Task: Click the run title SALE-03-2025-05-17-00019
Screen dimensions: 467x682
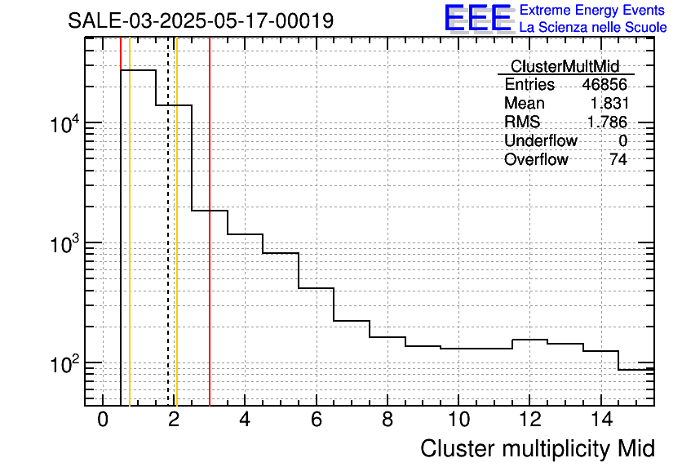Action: point(201,20)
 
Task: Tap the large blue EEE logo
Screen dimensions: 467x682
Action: point(478,18)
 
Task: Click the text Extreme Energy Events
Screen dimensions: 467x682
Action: point(593,11)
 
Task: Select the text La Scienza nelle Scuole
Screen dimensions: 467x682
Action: point(593,28)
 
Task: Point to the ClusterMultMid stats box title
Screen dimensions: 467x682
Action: point(565,66)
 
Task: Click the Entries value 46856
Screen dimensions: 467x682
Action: point(604,85)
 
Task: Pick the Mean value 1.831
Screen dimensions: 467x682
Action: point(609,104)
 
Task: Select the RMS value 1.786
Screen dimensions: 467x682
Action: point(608,122)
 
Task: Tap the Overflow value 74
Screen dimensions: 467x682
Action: point(618,160)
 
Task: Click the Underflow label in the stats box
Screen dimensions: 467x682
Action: point(540,141)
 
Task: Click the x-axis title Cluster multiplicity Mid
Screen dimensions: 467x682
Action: point(537,448)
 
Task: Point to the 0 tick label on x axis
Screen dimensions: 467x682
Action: point(103,420)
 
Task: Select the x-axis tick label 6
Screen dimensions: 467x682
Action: point(316,420)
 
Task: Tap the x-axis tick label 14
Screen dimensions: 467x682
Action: point(600,420)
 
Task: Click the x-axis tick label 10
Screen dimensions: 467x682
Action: point(458,420)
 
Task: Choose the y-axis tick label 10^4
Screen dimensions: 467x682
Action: point(64,124)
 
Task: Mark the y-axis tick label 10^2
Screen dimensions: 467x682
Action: point(64,363)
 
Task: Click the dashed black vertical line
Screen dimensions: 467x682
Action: point(168,245)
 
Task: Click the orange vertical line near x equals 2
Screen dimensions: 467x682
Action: point(176,245)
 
